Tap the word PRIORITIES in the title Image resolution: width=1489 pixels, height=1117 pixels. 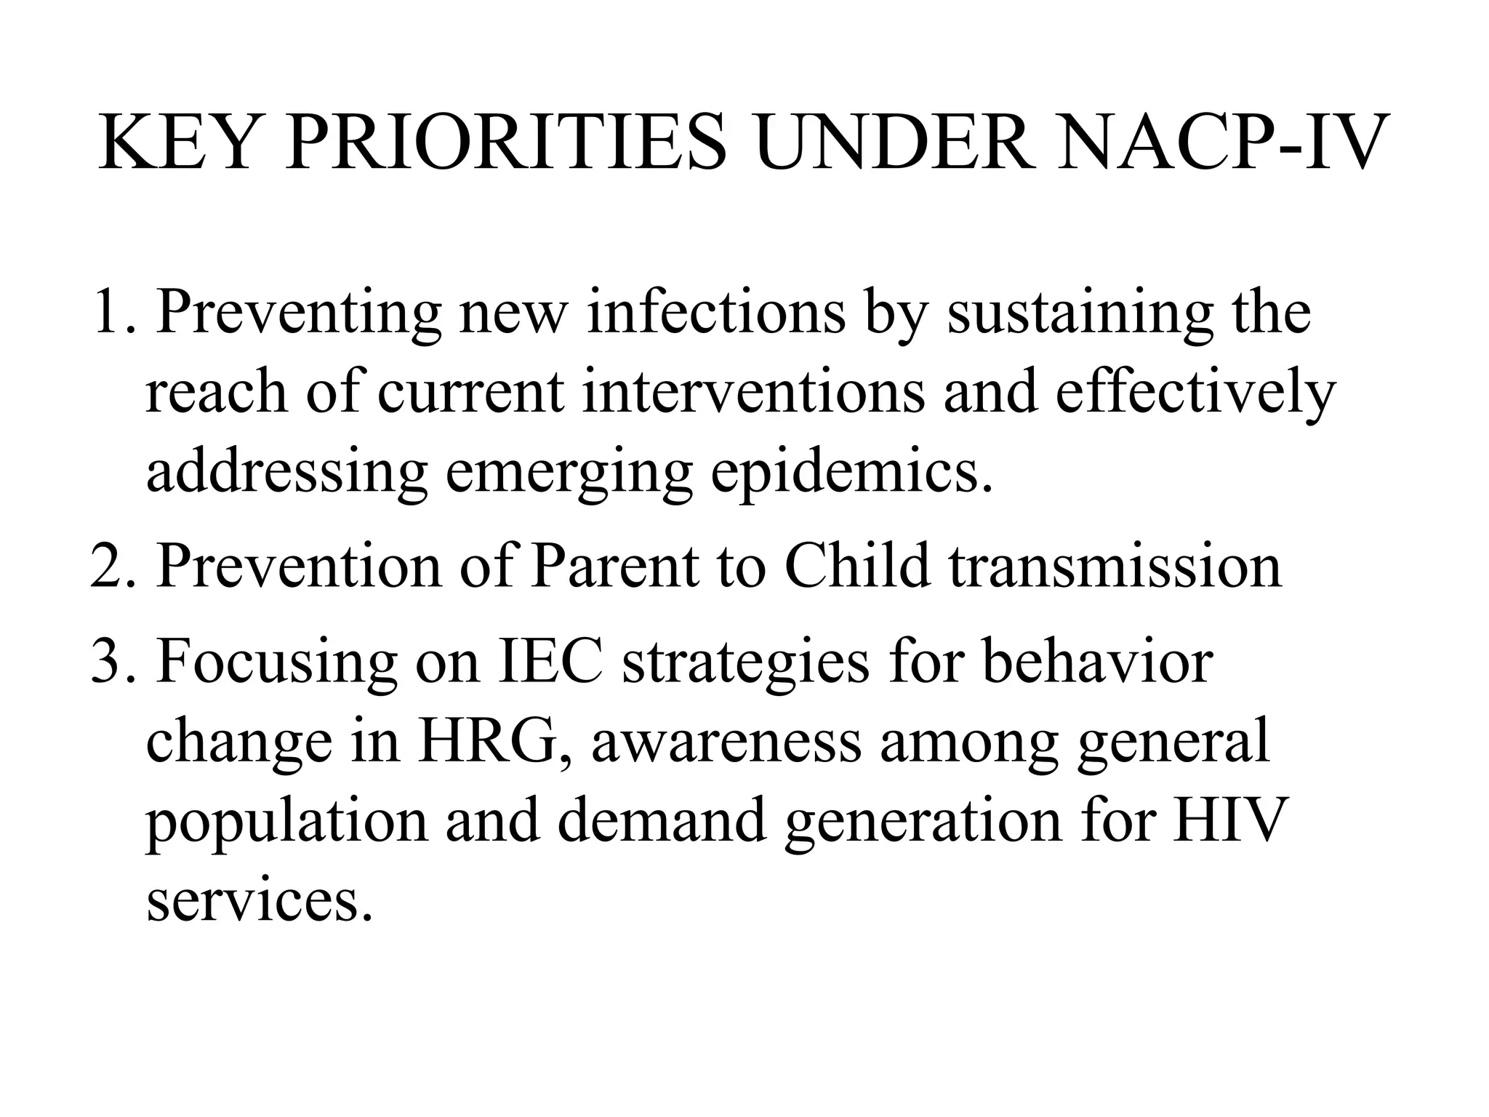(507, 143)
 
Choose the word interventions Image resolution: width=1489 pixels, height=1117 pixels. (754, 391)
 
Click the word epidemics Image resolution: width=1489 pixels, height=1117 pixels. (851, 472)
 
